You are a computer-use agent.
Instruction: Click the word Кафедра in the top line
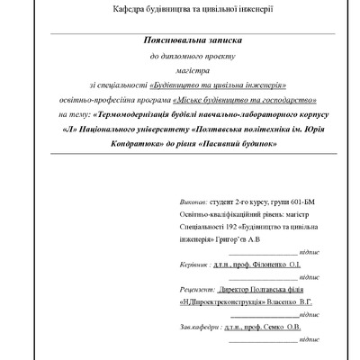coord(131,9)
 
